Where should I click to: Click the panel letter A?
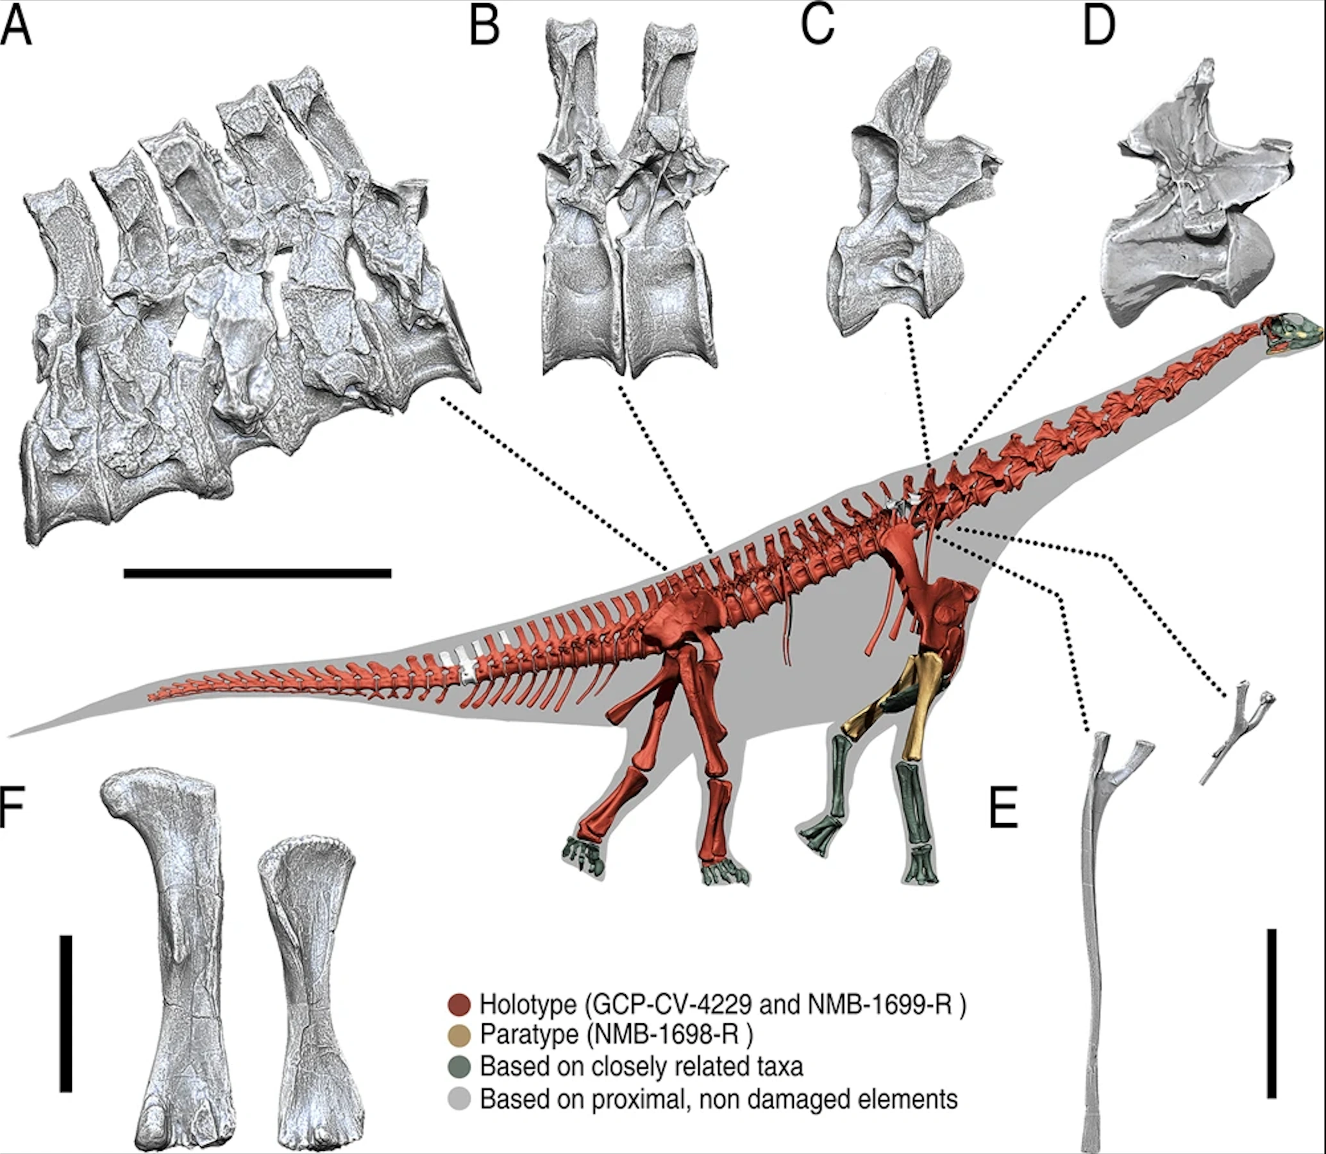[16, 28]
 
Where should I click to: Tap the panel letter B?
[484, 28]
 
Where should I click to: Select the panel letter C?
[818, 26]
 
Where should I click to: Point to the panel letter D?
[1098, 28]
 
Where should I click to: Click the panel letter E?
[1003, 807]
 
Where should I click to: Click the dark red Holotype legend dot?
[459, 1005]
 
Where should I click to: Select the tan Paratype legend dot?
[459, 1035]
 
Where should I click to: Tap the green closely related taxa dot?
[459, 1066]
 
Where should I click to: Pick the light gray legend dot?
[459, 1098]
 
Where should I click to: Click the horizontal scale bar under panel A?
[257, 573]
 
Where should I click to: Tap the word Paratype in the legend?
[521, 1035]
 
